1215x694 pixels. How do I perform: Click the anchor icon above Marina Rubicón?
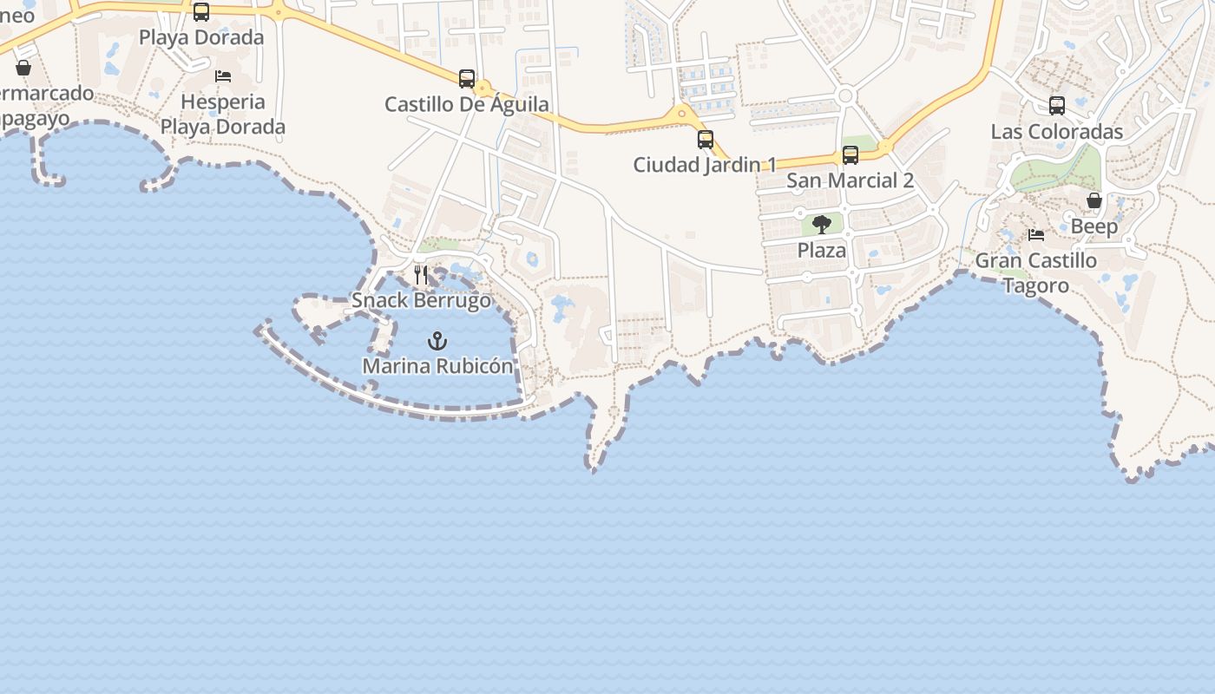(x=437, y=341)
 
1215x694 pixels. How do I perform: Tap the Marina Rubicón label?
(x=437, y=366)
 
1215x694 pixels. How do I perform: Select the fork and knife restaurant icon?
(x=421, y=276)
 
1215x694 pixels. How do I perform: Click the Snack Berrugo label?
(x=421, y=301)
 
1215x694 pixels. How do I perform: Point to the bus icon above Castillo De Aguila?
(x=467, y=79)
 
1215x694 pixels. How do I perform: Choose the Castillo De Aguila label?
(x=467, y=105)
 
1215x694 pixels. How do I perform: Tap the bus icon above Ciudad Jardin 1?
(x=706, y=139)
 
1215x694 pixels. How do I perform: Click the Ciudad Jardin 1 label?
(x=705, y=165)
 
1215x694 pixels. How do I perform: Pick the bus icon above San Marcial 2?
(x=850, y=155)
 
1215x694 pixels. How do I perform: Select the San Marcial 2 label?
(x=850, y=180)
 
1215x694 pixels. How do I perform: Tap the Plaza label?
(x=822, y=251)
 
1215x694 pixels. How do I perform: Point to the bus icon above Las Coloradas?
(x=1057, y=106)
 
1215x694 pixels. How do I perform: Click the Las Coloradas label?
(x=1057, y=132)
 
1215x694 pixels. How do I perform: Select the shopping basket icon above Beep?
(x=1094, y=201)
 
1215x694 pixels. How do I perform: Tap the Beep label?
(x=1094, y=226)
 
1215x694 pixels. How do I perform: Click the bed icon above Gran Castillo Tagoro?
(x=1036, y=235)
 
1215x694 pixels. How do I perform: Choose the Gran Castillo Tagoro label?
(x=1036, y=272)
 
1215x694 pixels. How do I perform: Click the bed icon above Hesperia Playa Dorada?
(x=223, y=76)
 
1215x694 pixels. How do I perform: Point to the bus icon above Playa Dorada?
(x=201, y=12)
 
